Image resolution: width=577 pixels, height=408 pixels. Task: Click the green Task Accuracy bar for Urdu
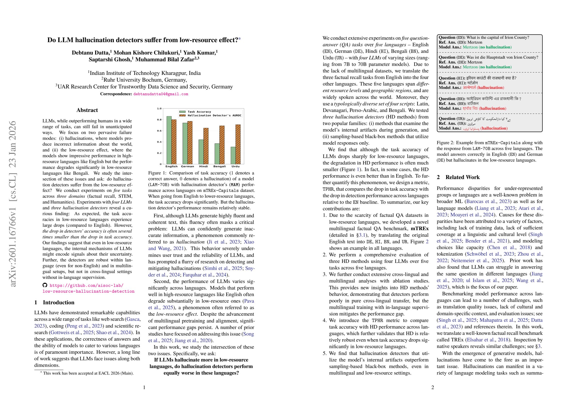pos(233,155)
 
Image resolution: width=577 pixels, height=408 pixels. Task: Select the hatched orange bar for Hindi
pos(206,146)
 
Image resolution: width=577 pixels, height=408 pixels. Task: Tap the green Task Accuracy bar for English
pos(169,140)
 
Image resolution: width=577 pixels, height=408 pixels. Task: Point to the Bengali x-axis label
pos(219,166)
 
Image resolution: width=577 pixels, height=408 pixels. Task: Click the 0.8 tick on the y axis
pos(159,120)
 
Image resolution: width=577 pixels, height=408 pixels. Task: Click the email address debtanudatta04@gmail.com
pos(161,94)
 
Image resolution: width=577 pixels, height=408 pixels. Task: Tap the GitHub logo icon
pos(45,285)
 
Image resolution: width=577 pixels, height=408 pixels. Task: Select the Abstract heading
pos(87,110)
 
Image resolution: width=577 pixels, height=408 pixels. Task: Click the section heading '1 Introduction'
pos(54,302)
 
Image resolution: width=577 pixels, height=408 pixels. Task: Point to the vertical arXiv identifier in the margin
pos(13,204)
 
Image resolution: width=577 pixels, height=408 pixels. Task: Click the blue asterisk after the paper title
pos(240,39)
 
